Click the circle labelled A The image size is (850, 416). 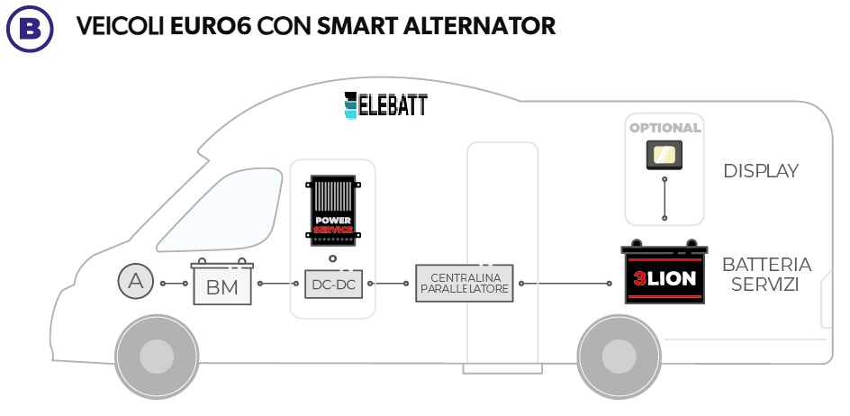(136, 282)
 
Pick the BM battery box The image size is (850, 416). (222, 285)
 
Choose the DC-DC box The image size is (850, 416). (332, 284)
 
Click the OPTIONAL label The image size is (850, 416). (665, 128)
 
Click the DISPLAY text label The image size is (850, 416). (761, 171)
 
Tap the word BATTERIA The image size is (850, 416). (766, 265)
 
